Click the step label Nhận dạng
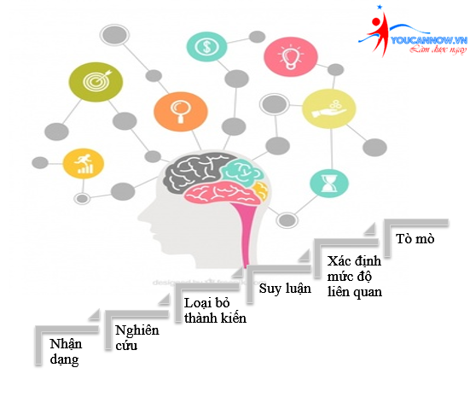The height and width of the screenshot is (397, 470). click(65, 352)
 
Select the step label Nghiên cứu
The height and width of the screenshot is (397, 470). click(138, 338)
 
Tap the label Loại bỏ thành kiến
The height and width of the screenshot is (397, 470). click(215, 311)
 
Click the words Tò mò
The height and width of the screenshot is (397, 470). click(415, 238)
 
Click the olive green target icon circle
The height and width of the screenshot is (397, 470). click(96, 82)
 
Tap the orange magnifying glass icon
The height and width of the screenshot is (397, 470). click(180, 111)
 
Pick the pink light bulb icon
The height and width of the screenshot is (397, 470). click(288, 58)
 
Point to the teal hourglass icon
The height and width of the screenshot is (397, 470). click(328, 182)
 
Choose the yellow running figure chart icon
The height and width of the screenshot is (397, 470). click(84, 161)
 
